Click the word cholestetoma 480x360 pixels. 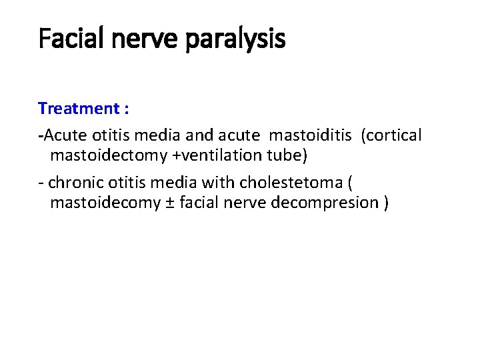[x=287, y=182]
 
